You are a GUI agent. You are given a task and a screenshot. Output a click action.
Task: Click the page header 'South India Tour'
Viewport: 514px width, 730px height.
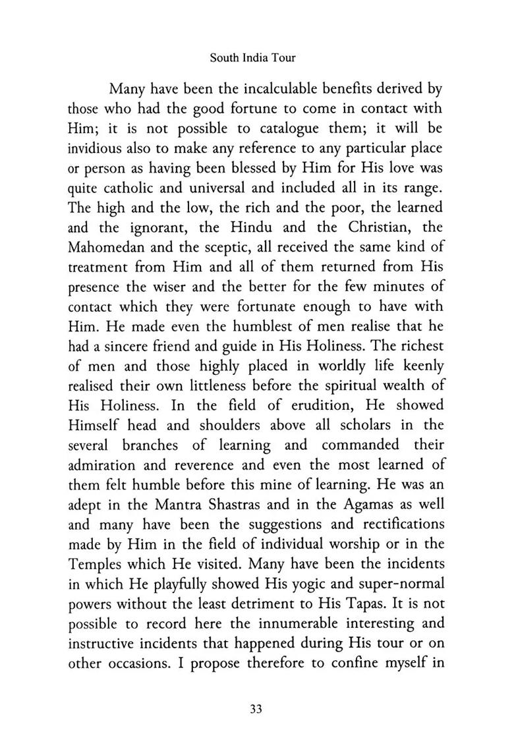click(x=252, y=57)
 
